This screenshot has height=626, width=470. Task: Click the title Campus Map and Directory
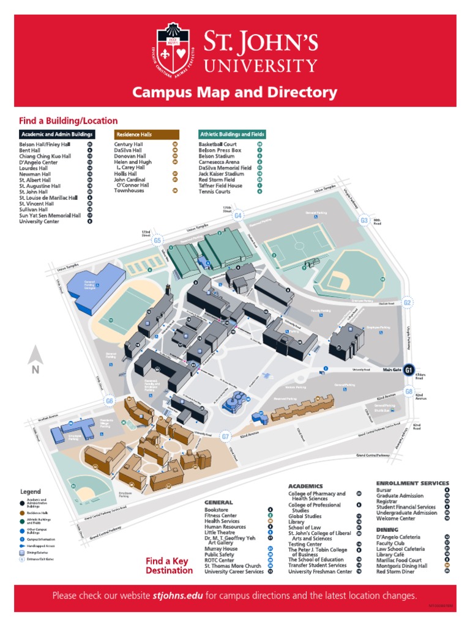pyautogui.click(x=235, y=93)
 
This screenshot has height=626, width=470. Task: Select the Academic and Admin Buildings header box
pyautogui.click(x=57, y=134)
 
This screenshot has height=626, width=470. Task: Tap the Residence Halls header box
pyautogui.click(x=147, y=134)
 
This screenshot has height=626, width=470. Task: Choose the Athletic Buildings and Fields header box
pyautogui.click(x=232, y=134)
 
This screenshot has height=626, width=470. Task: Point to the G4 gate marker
pyautogui.click(x=238, y=216)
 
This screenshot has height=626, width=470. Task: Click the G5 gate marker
pyautogui.click(x=158, y=241)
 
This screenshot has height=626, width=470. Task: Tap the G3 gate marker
pyautogui.click(x=364, y=221)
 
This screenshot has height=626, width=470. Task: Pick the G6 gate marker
pyautogui.click(x=110, y=402)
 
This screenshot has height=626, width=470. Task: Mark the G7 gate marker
pyautogui.click(x=225, y=436)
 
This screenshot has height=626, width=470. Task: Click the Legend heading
pyautogui.click(x=31, y=492)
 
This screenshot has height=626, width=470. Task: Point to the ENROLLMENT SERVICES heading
pyautogui.click(x=412, y=483)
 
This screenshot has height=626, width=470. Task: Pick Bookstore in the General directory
pyautogui.click(x=217, y=509)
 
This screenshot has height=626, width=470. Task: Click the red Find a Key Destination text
pyautogui.click(x=169, y=565)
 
